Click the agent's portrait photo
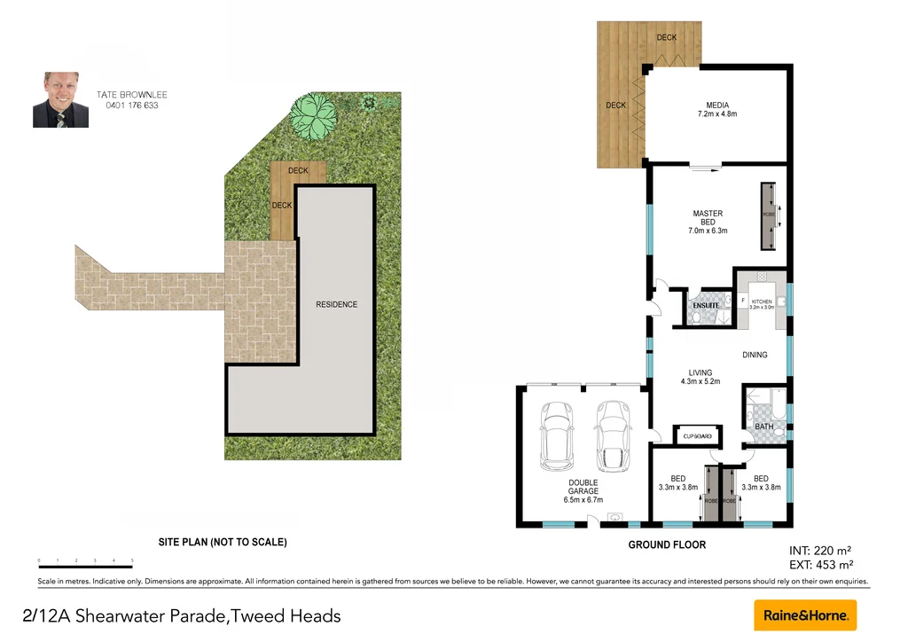[60, 100]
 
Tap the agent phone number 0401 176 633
[132, 106]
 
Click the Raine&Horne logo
[805, 615]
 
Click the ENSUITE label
[706, 306]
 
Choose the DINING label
[755, 355]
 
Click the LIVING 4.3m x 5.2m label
[701, 377]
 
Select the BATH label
[763, 427]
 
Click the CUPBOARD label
[698, 436]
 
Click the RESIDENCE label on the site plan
[337, 304]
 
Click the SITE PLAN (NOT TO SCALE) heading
[222, 542]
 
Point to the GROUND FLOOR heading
[667, 544]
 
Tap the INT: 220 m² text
[820, 550]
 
